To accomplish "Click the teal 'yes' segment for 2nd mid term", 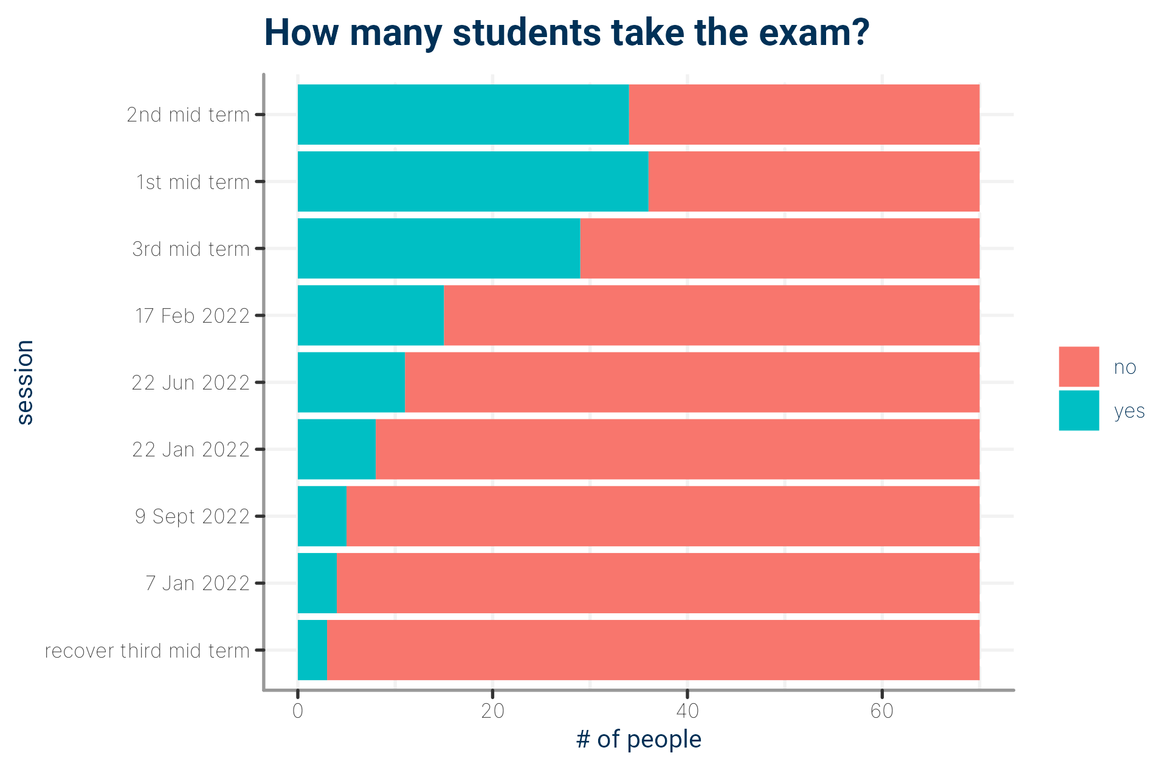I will [463, 114].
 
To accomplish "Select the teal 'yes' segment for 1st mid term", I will [473, 182].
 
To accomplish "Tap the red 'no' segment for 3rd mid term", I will [780, 249].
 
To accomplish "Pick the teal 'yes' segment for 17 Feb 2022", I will [371, 315].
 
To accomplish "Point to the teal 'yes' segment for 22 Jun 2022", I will [351, 382].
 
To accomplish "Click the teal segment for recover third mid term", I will [312, 650].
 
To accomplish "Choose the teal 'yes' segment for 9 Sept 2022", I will [322, 516].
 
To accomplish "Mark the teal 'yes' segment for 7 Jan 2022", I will [317, 583].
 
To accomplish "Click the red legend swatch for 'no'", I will [1079, 366].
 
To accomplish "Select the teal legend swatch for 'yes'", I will [1079, 411].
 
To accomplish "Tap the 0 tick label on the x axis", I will [298, 711].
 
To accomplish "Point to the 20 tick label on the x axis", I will [492, 711].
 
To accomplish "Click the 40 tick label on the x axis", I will [687, 711].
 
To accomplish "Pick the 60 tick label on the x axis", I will [882, 711].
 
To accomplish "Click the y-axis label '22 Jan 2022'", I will [191, 450].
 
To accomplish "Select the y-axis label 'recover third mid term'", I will [147, 651].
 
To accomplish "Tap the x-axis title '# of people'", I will [639, 740].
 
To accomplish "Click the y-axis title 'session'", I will [25, 382].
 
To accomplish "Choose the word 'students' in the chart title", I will [526, 33].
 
